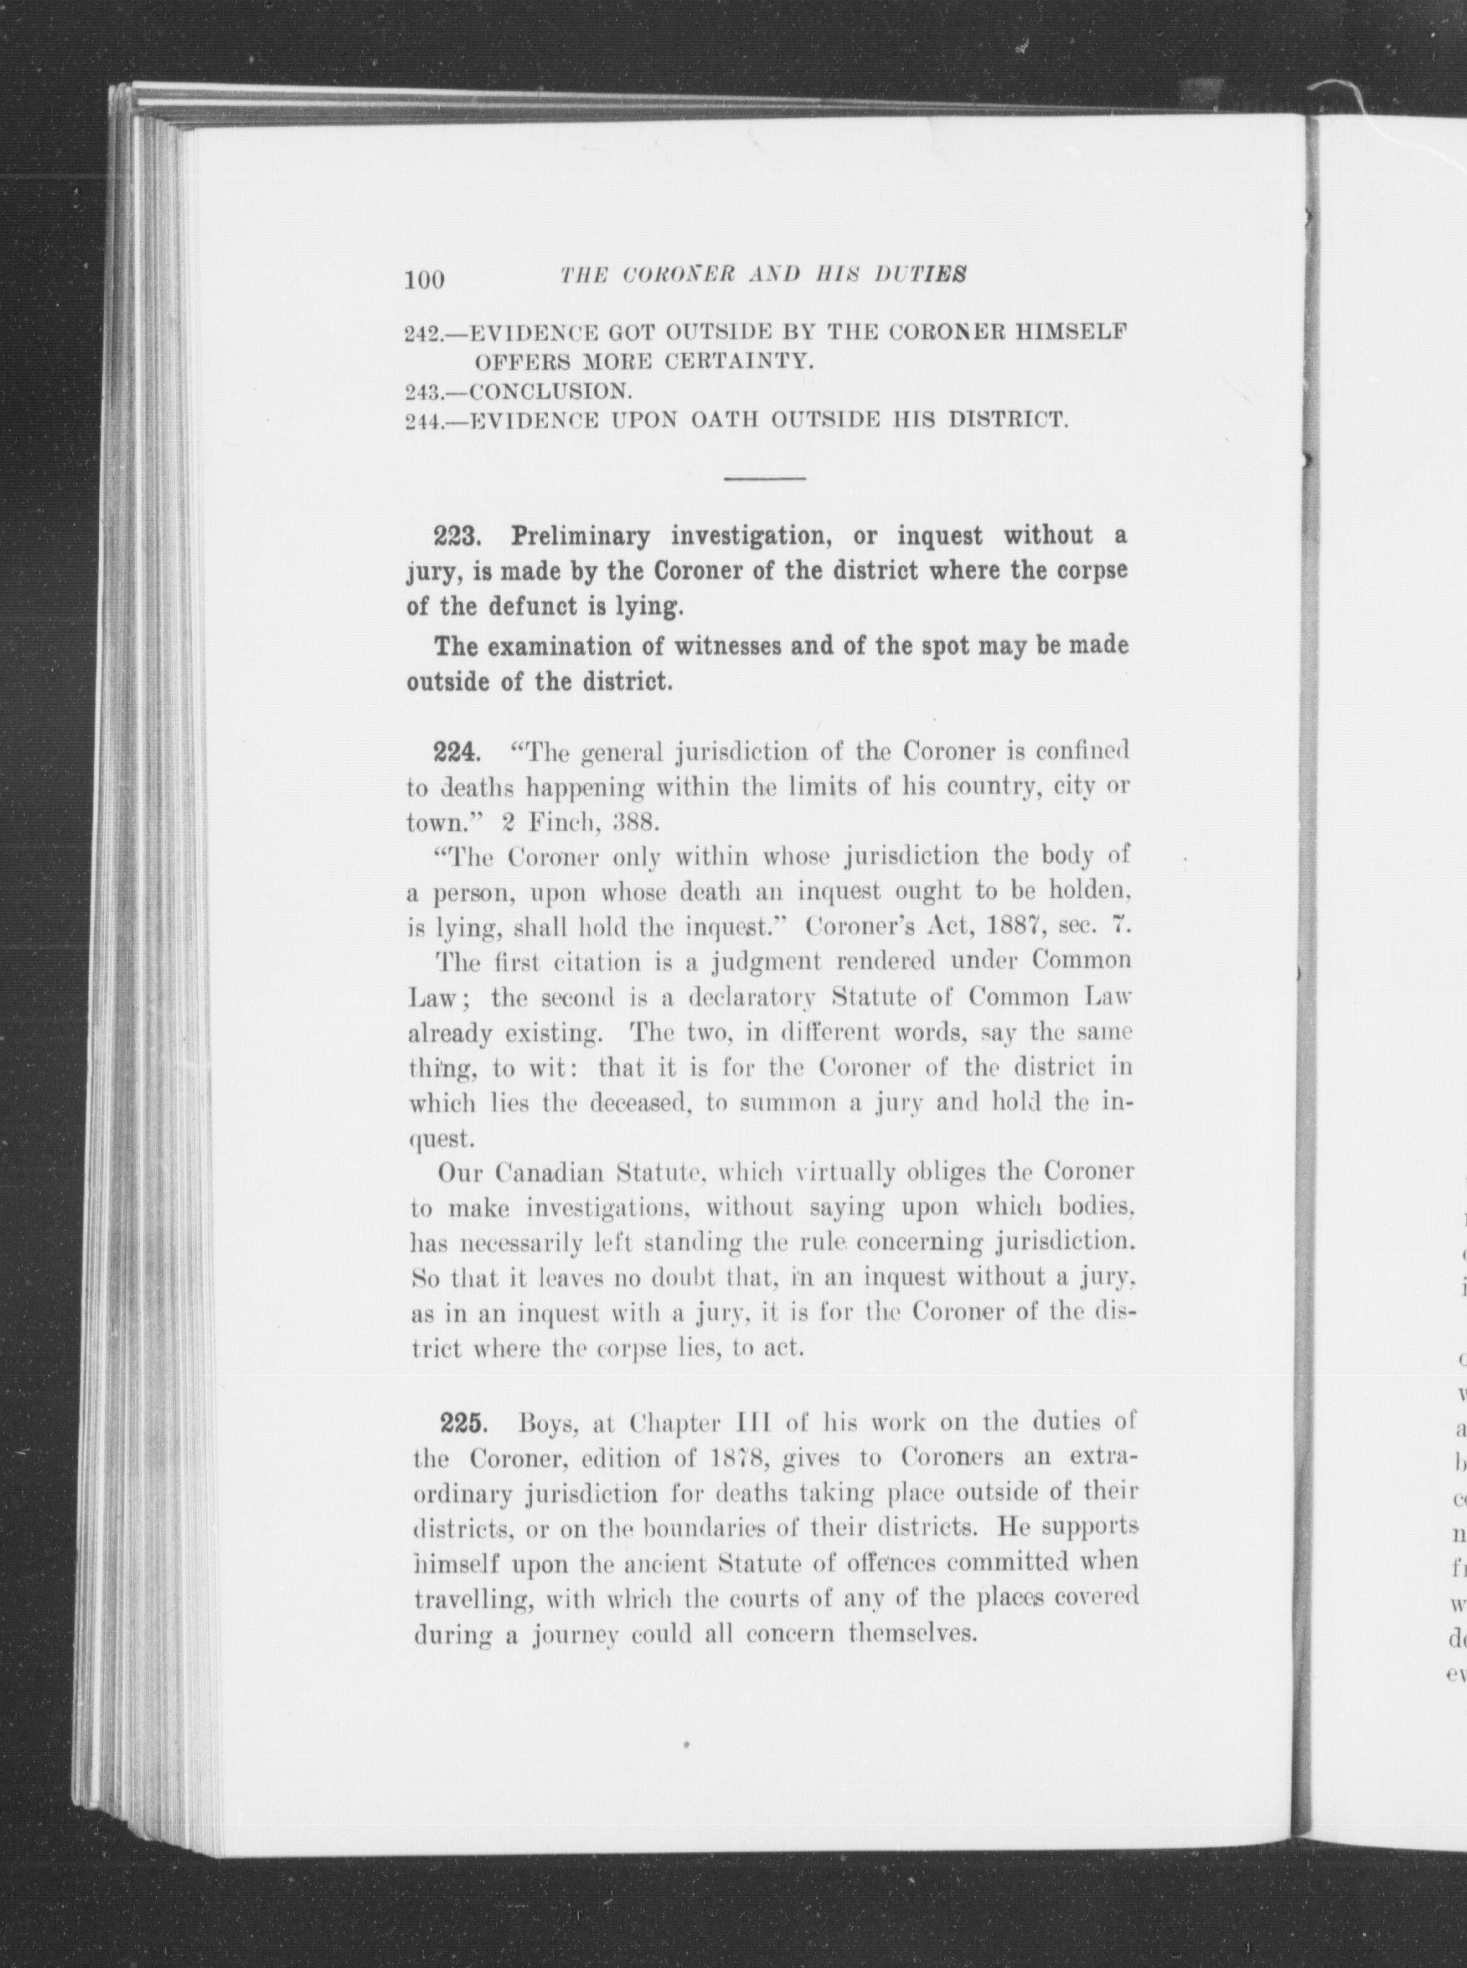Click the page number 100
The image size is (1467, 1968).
tap(424, 280)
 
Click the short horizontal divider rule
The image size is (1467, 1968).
tap(764, 480)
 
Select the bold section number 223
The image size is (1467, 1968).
tap(457, 537)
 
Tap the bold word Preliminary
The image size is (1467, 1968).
tap(580, 537)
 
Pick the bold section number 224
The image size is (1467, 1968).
tap(457, 753)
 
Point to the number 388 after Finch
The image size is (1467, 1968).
tap(631, 821)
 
